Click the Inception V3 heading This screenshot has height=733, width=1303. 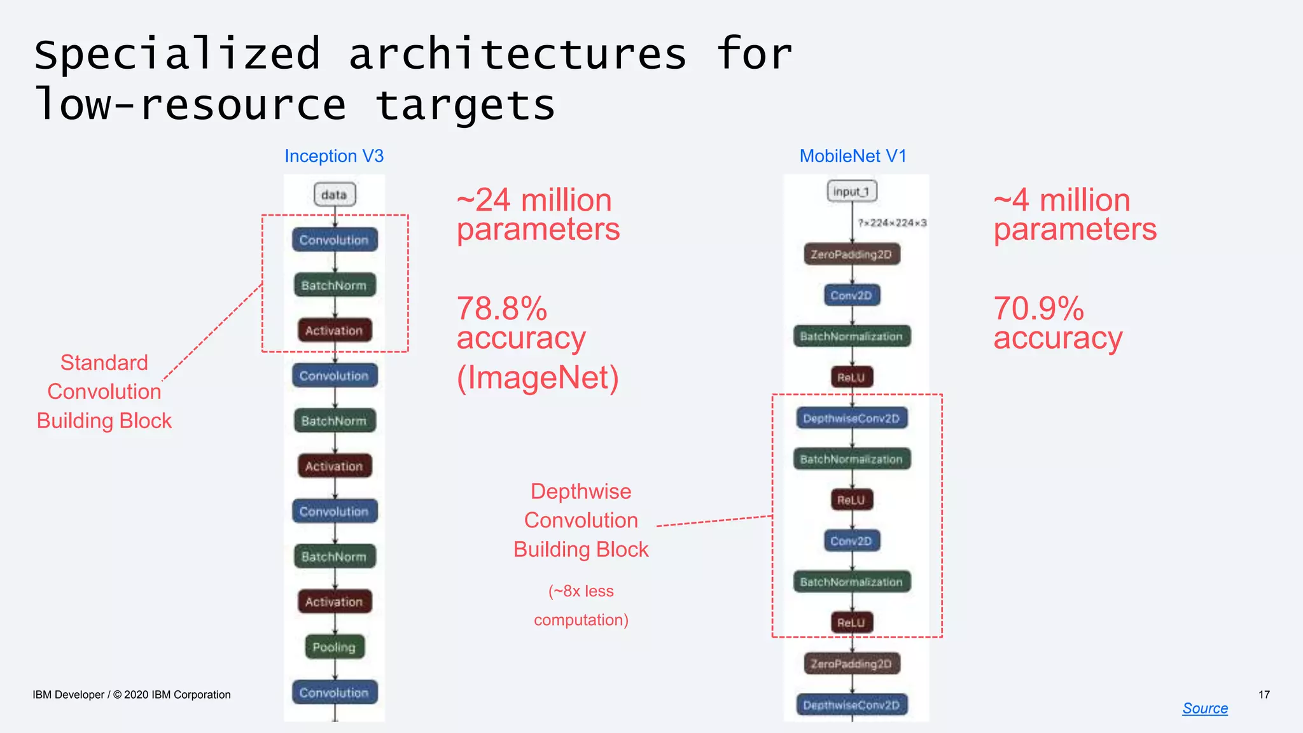point(334,156)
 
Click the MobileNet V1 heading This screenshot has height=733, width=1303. point(853,156)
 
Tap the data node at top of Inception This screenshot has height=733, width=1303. point(334,195)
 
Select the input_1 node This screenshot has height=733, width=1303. point(851,191)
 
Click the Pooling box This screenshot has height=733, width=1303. point(334,647)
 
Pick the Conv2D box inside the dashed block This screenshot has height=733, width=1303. point(851,541)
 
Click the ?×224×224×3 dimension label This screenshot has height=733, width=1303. point(891,223)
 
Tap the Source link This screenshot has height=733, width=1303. point(1204,708)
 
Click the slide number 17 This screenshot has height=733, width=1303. point(1264,694)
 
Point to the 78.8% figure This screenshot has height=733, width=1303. point(502,309)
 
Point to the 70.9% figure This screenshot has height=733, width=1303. point(1038,309)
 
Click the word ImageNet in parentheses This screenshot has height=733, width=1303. point(538,378)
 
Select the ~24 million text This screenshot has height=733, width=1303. point(534,200)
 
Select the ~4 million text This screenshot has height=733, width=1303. point(1062,200)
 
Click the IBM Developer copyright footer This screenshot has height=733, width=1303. point(132,695)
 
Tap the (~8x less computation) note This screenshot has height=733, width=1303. point(581,605)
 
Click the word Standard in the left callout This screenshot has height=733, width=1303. point(104,363)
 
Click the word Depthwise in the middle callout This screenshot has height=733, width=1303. point(581,491)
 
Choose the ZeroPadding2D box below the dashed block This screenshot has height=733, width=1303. point(851,664)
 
